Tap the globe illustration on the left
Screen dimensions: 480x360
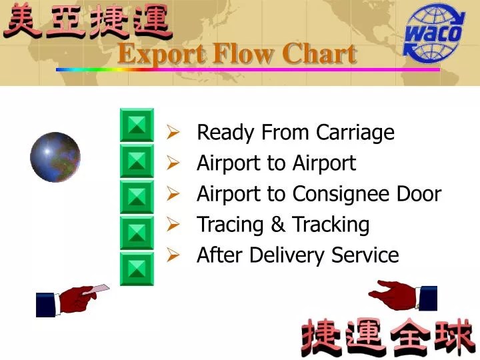55,157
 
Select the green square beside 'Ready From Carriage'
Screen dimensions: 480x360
137,125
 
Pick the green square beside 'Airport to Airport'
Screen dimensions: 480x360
137,161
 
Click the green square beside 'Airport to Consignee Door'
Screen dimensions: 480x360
137,197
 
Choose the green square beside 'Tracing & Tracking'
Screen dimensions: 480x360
137,233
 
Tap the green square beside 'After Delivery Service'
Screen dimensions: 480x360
137,269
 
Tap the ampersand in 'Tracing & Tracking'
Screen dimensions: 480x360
278,225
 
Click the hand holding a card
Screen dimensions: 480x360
73,299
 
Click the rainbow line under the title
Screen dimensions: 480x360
247,69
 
